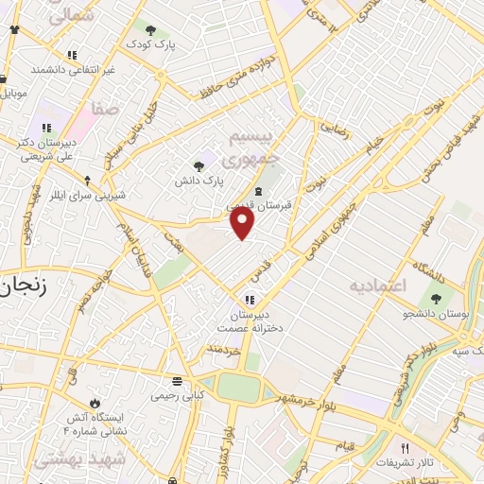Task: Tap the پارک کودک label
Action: (153, 45)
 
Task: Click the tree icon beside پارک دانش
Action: (199, 165)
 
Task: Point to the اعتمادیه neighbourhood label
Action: (376, 285)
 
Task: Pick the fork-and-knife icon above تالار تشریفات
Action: (406, 448)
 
